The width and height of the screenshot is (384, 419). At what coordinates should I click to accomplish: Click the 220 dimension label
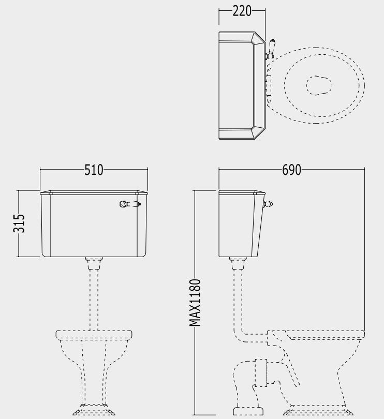pyautogui.click(x=242, y=11)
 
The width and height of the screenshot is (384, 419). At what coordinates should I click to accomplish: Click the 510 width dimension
pyautogui.click(x=94, y=170)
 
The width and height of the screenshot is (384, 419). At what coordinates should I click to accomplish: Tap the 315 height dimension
pyautogui.click(x=19, y=223)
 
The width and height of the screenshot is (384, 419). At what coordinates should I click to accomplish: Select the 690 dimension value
pyautogui.click(x=291, y=170)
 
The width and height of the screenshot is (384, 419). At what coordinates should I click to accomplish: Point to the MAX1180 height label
pyautogui.click(x=195, y=303)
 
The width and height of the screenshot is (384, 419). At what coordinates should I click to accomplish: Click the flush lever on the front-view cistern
pyautogui.click(x=130, y=204)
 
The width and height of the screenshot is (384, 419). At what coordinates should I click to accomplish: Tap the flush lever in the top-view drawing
pyautogui.click(x=270, y=49)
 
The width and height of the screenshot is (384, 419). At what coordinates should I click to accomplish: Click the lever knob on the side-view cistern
pyautogui.click(x=268, y=204)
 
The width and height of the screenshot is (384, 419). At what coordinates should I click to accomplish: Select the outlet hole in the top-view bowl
pyautogui.click(x=319, y=85)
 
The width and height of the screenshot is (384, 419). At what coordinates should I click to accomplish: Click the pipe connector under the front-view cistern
pyautogui.click(x=94, y=263)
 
